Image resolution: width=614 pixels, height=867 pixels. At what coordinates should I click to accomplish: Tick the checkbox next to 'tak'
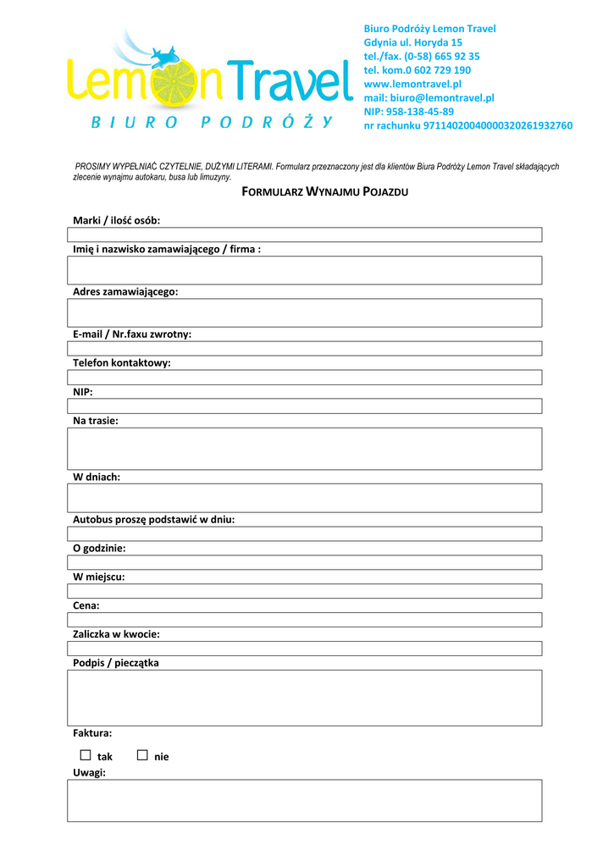85,755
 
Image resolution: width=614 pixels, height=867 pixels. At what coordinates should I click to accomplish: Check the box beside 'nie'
141,755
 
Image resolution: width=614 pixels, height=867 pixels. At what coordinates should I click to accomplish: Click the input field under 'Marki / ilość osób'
305,235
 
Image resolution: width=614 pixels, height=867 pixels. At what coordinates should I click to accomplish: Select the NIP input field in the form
305,406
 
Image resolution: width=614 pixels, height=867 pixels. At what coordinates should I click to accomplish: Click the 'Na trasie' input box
305,449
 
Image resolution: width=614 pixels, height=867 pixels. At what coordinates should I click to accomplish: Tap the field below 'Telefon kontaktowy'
305,378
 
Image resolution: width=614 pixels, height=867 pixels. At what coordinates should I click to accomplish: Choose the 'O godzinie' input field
305,562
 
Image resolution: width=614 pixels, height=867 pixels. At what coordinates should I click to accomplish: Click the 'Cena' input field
305,620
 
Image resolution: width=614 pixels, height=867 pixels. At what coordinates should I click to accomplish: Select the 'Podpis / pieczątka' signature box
305,698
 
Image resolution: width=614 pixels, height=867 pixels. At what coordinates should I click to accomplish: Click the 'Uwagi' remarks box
305,800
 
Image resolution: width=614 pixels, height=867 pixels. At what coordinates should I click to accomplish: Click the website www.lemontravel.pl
412,84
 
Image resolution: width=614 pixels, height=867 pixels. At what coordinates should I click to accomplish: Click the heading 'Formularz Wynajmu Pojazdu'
325,192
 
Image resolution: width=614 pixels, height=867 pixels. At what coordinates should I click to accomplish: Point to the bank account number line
467,125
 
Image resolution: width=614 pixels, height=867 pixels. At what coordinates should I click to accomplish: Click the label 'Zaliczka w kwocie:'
116,634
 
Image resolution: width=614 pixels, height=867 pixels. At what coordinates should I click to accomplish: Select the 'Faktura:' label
92,733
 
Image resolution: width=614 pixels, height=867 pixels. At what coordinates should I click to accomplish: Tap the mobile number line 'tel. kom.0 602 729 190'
417,70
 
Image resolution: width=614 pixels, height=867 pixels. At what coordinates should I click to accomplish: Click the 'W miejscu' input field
305,591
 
